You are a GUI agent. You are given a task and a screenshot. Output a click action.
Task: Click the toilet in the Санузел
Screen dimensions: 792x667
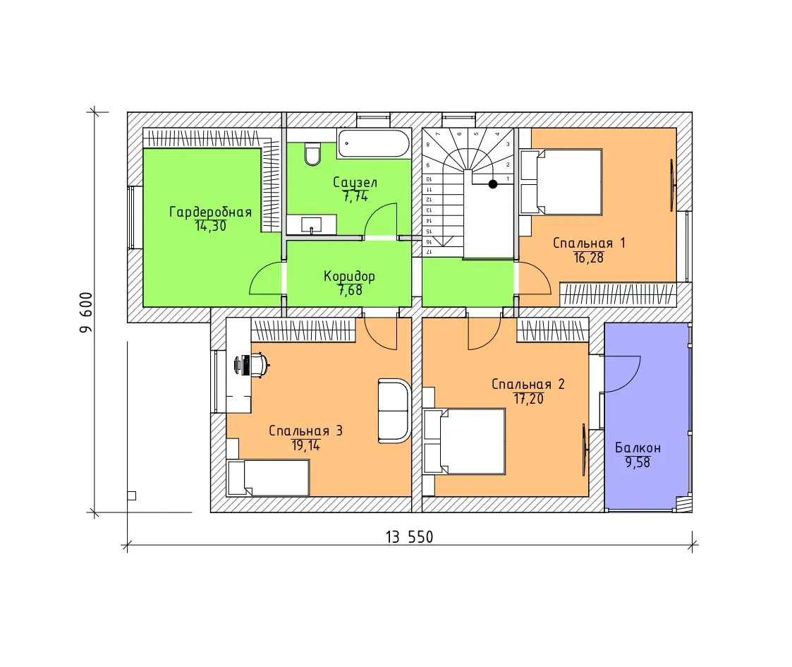[312, 155]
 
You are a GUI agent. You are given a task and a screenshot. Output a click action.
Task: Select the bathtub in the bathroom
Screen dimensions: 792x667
[374, 143]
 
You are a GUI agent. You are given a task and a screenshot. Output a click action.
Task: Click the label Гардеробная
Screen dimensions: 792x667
[211, 212]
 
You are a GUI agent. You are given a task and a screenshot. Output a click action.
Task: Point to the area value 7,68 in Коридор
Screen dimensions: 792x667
[350, 290]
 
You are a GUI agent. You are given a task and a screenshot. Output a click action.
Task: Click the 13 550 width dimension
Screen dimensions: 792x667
[409, 536]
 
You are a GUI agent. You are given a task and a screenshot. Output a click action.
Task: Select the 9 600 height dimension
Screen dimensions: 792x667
[86, 312]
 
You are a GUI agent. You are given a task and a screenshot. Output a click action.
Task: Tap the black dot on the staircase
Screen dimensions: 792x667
[492, 184]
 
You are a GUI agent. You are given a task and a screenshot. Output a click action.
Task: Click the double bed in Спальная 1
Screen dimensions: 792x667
[561, 182]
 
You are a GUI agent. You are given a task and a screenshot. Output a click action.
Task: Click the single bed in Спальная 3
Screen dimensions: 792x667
[268, 478]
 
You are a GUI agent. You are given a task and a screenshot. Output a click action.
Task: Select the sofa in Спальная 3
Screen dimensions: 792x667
[394, 411]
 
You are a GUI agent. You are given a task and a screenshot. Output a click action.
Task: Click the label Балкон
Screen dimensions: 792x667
[638, 448]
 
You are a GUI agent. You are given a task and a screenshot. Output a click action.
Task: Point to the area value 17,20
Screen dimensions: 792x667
[528, 399]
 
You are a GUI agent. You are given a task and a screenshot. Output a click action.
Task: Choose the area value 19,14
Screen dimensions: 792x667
[305, 445]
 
